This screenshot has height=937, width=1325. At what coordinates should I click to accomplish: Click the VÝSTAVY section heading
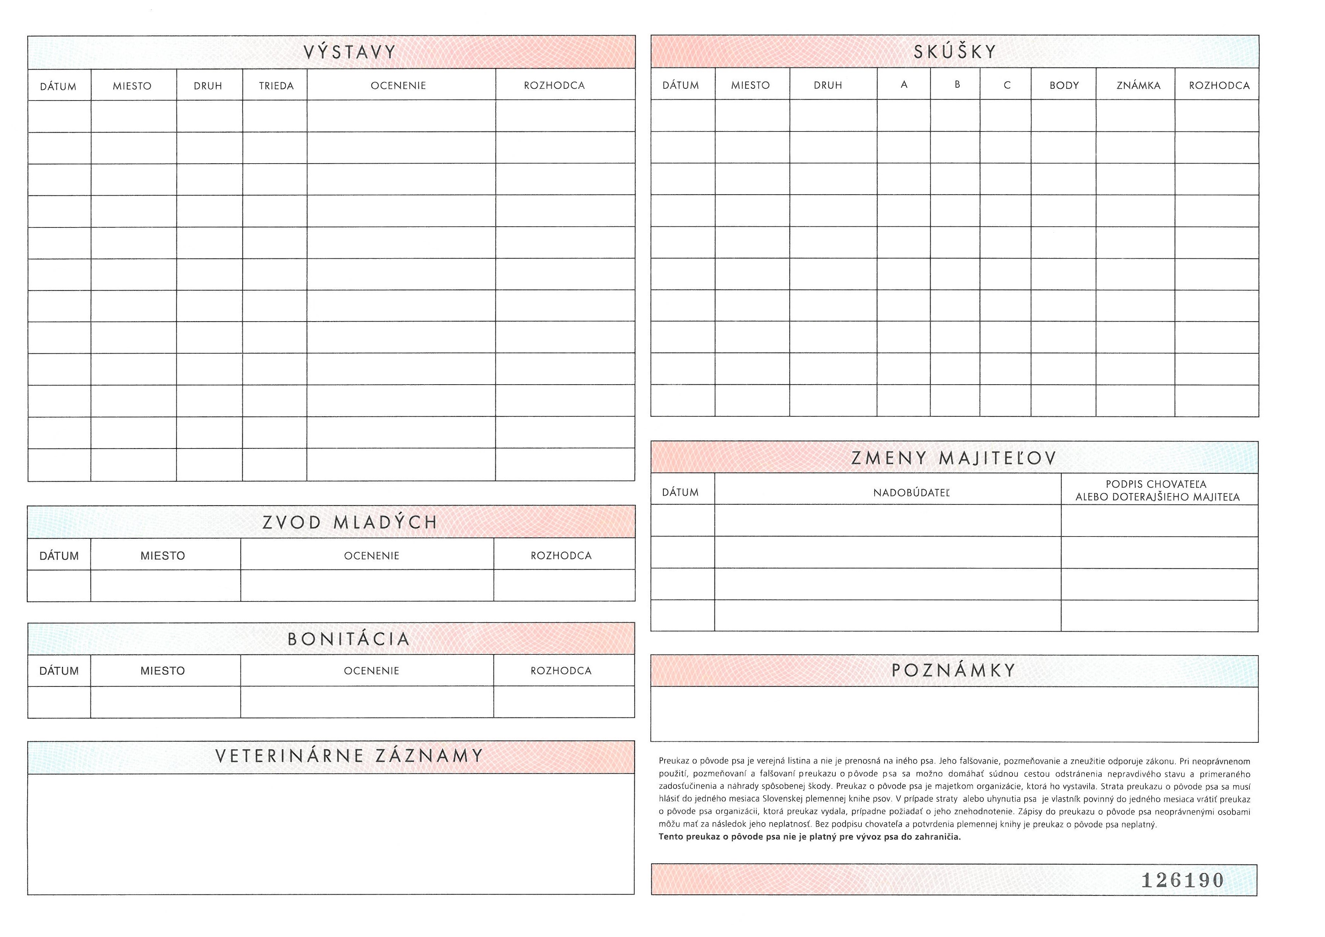pos(350,53)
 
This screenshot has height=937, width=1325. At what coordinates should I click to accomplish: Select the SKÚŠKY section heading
pos(955,52)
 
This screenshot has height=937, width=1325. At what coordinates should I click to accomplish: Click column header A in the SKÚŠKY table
pos(904,85)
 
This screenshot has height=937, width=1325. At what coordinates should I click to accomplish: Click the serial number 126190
pos(1183,880)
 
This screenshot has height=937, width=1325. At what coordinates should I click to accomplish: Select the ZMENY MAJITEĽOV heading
pos(953,458)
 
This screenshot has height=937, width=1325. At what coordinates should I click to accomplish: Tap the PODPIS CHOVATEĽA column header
pos(1157,490)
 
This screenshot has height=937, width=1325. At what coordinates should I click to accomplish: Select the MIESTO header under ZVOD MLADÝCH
pos(163,556)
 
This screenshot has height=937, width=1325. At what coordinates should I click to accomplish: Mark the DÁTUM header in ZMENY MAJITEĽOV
pos(680,493)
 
